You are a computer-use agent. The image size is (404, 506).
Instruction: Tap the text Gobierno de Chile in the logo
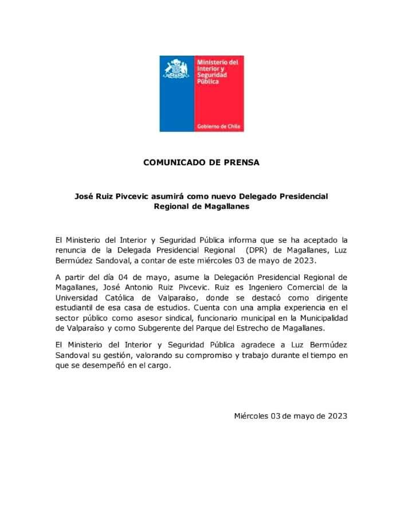click(x=219, y=126)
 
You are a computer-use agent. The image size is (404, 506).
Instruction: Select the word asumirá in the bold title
click(x=168, y=196)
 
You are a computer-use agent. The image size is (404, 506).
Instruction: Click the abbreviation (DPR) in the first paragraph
click(x=255, y=250)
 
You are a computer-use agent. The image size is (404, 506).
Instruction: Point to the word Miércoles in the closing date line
click(x=252, y=417)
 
